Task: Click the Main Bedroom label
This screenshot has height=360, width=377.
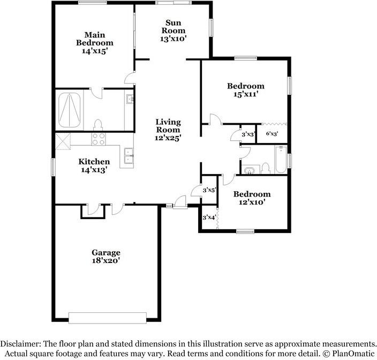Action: click(94, 43)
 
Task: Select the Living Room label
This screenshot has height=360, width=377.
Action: click(168, 130)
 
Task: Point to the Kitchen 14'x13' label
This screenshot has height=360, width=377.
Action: click(94, 166)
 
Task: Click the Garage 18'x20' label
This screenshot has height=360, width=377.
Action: click(105, 257)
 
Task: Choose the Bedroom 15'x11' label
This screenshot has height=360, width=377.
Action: click(245, 90)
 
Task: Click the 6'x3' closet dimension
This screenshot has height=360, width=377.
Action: click(272, 134)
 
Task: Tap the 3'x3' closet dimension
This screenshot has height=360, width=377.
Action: click(248, 134)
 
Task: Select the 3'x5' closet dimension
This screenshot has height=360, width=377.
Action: click(209, 190)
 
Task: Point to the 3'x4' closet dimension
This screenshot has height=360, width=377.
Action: click(209, 217)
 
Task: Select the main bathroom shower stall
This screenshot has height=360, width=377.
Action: click(69, 110)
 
